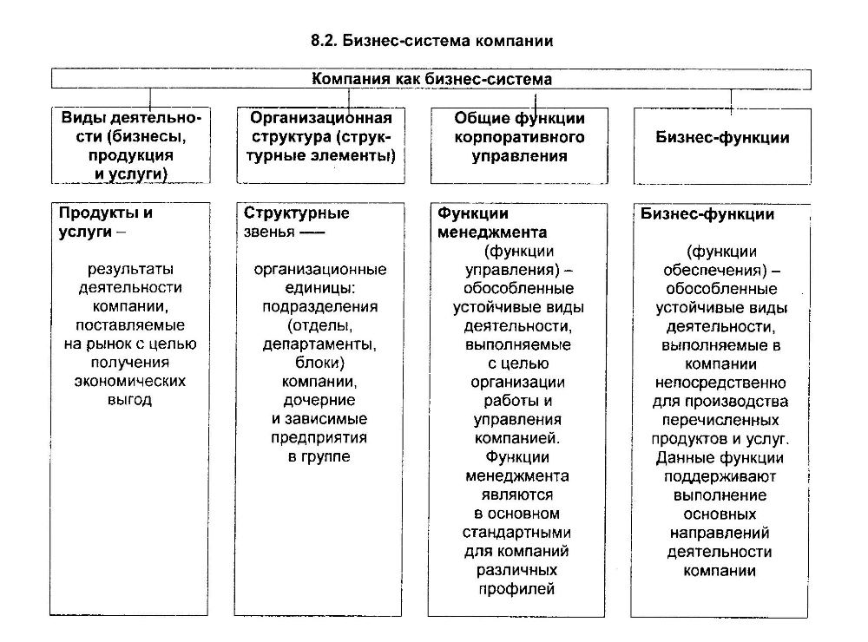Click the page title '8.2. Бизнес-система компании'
pyautogui.click(x=431, y=41)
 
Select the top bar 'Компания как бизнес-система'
pyautogui.click(x=431, y=79)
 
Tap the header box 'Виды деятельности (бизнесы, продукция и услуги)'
pyautogui.click(x=130, y=145)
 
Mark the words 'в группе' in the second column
pyautogui.click(x=320, y=456)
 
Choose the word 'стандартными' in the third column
pyautogui.click(x=516, y=532)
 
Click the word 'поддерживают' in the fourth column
pyautogui.click(x=720, y=476)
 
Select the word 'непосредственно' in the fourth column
pyautogui.click(x=720, y=382)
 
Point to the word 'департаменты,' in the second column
pyautogui.click(x=320, y=344)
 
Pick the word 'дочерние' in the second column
pyautogui.click(x=320, y=400)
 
